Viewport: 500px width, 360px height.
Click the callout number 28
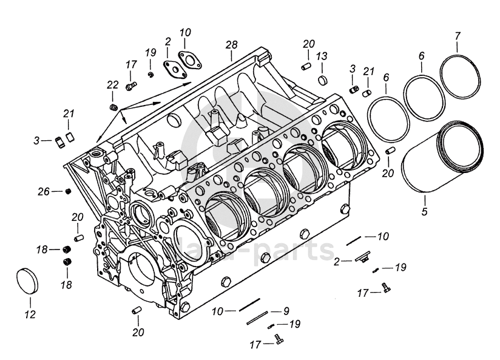[x=232, y=45]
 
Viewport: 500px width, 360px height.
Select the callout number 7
[x=458, y=36]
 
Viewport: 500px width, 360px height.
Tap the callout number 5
[x=424, y=212]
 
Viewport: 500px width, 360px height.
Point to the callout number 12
[x=30, y=314]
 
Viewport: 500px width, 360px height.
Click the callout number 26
[x=44, y=192]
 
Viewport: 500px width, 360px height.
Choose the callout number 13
[x=322, y=56]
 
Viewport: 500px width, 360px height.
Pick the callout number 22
[x=113, y=85]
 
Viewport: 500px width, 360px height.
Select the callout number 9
[x=286, y=311]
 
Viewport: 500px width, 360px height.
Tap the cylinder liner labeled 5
[x=442, y=157]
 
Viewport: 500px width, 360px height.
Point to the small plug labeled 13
[x=323, y=80]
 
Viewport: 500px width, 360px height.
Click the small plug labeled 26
[x=67, y=191]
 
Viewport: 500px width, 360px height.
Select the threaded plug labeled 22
[x=113, y=108]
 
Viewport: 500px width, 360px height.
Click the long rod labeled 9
[x=257, y=318]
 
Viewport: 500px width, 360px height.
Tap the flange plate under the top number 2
[x=175, y=70]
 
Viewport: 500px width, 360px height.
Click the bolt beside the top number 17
[x=130, y=86]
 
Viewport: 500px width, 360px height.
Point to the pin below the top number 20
[x=306, y=67]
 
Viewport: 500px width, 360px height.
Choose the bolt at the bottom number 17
[x=279, y=340]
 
